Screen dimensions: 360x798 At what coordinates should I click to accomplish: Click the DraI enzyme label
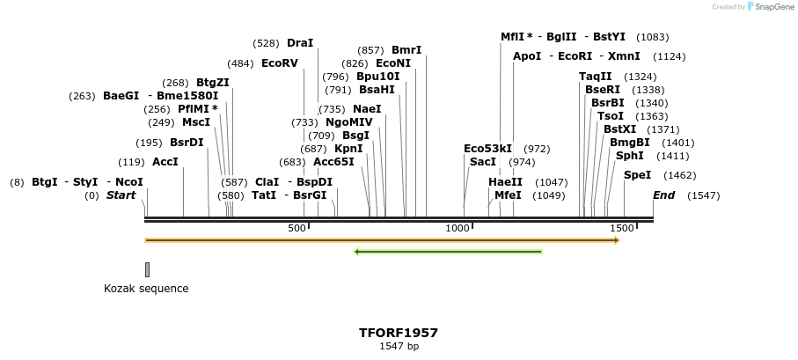[x=300, y=42]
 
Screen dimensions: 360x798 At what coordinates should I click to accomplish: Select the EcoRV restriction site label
[x=280, y=63]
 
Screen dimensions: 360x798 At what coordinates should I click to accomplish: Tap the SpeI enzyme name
[x=637, y=175]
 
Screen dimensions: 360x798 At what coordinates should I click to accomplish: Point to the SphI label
[x=629, y=156]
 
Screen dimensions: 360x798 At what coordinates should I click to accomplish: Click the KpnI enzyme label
[x=348, y=149]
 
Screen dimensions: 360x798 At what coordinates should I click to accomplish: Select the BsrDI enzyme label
[x=187, y=143]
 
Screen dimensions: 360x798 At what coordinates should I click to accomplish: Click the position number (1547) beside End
[x=703, y=195]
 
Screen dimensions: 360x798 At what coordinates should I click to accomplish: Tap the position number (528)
[x=266, y=43]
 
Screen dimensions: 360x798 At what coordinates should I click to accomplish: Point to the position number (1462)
[x=679, y=176]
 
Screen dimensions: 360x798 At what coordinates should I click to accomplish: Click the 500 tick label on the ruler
[x=297, y=229]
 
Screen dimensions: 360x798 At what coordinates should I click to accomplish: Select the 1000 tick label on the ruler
[x=458, y=229]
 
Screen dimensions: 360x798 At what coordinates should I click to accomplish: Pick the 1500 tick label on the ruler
[x=621, y=229]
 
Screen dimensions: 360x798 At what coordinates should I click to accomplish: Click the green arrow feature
[x=448, y=252]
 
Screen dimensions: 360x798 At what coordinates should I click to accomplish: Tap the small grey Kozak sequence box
[x=147, y=269]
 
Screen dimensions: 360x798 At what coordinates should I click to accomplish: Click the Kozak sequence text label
[x=146, y=289]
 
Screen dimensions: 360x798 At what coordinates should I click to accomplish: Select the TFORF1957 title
[x=399, y=333]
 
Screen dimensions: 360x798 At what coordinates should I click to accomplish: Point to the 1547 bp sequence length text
[x=399, y=347]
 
